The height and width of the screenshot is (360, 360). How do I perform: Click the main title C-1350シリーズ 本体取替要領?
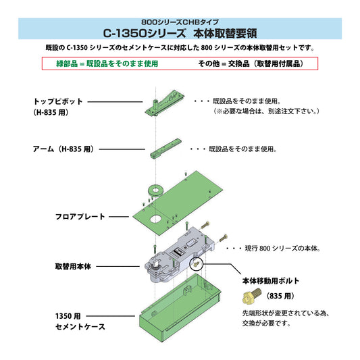pos(180,32)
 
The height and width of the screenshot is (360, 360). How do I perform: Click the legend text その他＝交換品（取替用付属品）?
pos(249,63)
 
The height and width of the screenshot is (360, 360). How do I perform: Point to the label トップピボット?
pos(58,101)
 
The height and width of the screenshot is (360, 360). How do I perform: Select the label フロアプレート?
pos(80,216)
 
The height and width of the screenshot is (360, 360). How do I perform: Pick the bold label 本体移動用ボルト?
pos(270,280)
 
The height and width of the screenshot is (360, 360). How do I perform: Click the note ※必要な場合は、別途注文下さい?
pos(266,111)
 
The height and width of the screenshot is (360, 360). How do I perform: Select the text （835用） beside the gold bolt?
pos(280,296)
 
